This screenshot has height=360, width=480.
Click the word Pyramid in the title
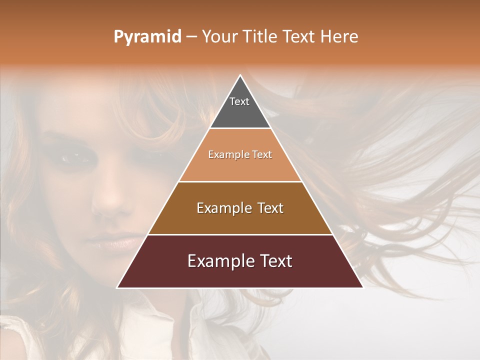point(147,37)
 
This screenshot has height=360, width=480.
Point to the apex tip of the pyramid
point(240,76)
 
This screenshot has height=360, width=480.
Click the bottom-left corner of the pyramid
point(118,287)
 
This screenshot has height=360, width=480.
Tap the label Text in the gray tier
point(239,101)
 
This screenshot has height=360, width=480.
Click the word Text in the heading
point(299,37)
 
